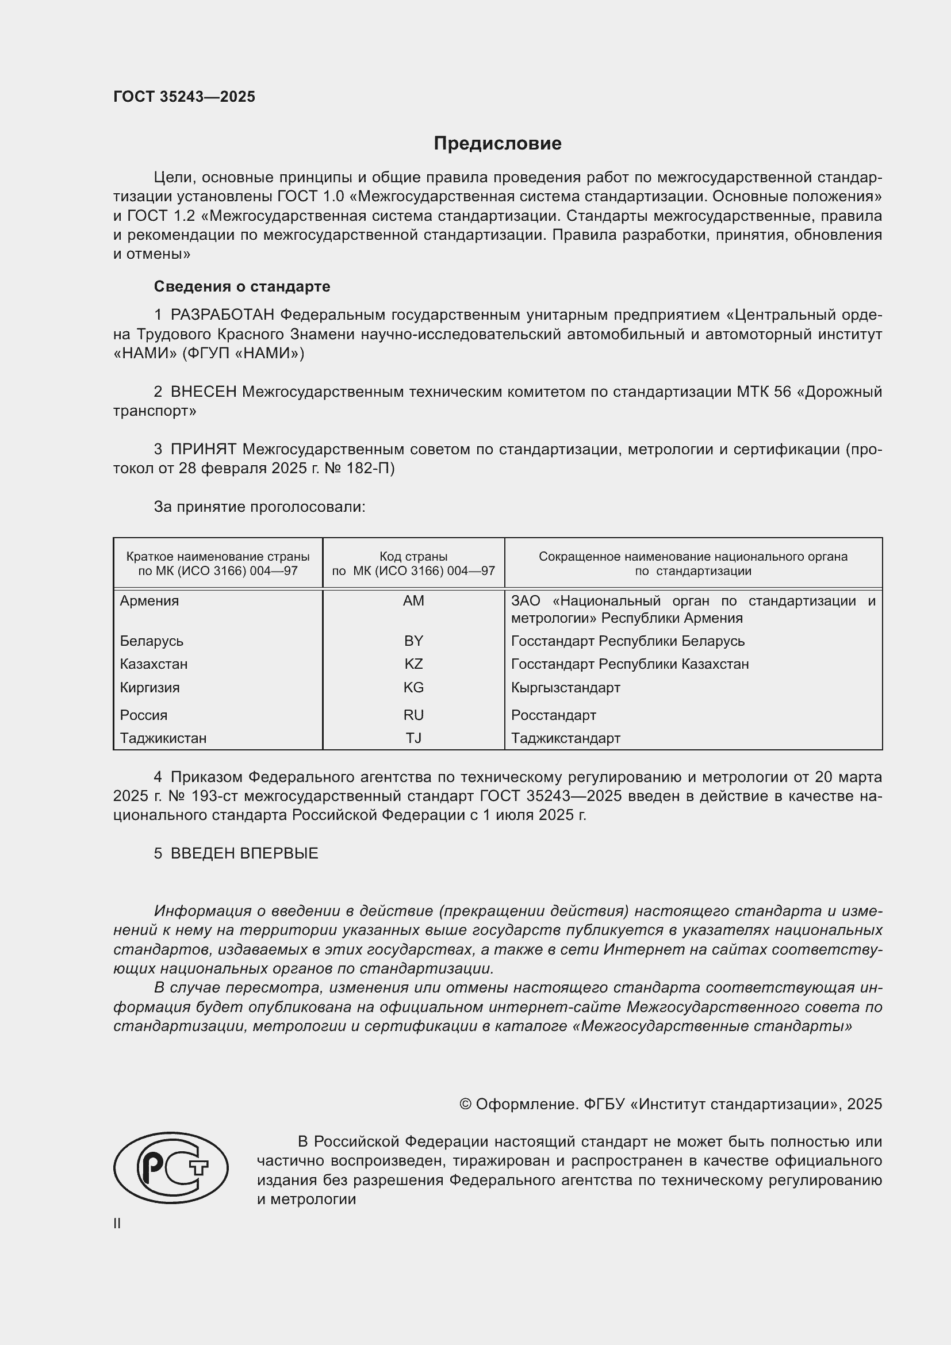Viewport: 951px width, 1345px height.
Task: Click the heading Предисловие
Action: coord(497,144)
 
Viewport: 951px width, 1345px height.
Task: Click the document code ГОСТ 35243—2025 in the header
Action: coord(184,97)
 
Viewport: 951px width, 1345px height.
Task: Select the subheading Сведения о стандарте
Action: coord(242,286)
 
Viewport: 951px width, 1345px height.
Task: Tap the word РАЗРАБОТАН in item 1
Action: coord(222,315)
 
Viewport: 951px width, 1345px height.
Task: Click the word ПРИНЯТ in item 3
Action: coord(203,449)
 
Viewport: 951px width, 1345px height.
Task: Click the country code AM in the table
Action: coord(413,601)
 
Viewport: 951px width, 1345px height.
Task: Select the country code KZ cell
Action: coord(413,664)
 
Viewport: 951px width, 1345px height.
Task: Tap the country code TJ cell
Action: coord(413,738)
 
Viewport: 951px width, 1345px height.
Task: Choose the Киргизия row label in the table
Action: coord(150,688)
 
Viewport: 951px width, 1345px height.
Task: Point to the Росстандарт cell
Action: coord(553,715)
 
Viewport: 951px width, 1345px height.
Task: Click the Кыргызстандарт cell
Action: coord(565,688)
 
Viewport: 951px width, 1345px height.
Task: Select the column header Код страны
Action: coord(413,557)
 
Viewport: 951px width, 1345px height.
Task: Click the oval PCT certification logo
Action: coord(170,1167)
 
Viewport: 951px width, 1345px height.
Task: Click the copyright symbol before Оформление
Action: coord(465,1104)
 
